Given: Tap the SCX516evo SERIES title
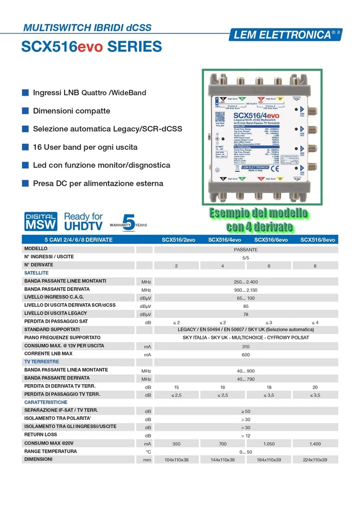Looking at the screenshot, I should tap(91, 47).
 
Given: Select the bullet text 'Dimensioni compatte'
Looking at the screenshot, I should tap(72, 111).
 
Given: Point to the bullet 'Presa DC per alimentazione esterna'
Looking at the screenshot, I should tap(98, 183).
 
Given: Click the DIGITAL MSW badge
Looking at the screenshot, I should tap(41, 221).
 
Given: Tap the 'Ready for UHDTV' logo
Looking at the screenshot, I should tap(83, 221).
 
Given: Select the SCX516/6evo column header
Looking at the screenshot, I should tap(271, 240).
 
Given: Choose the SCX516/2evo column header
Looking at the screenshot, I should tap(178, 240).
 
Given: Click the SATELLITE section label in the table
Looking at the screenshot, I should tap(37, 273).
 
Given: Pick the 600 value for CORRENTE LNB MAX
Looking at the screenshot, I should tap(245, 354).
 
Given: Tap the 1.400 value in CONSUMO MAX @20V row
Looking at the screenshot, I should tap(315, 443).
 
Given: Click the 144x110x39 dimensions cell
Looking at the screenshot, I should tap(223, 460).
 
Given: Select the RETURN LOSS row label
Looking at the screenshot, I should tap(40, 435).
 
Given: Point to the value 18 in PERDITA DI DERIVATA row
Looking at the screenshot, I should tap(269, 387).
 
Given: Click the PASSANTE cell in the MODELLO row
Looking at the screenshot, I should tap(245, 249).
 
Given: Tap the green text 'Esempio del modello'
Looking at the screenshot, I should tap(259, 214).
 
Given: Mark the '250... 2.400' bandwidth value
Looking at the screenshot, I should tap(245, 281).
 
